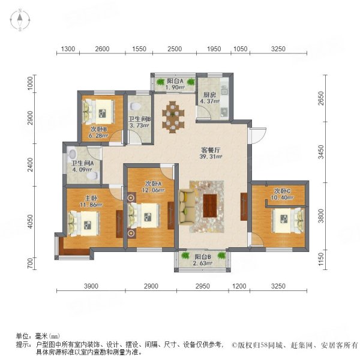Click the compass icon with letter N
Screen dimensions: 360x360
20,22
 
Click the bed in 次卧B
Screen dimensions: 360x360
98,110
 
